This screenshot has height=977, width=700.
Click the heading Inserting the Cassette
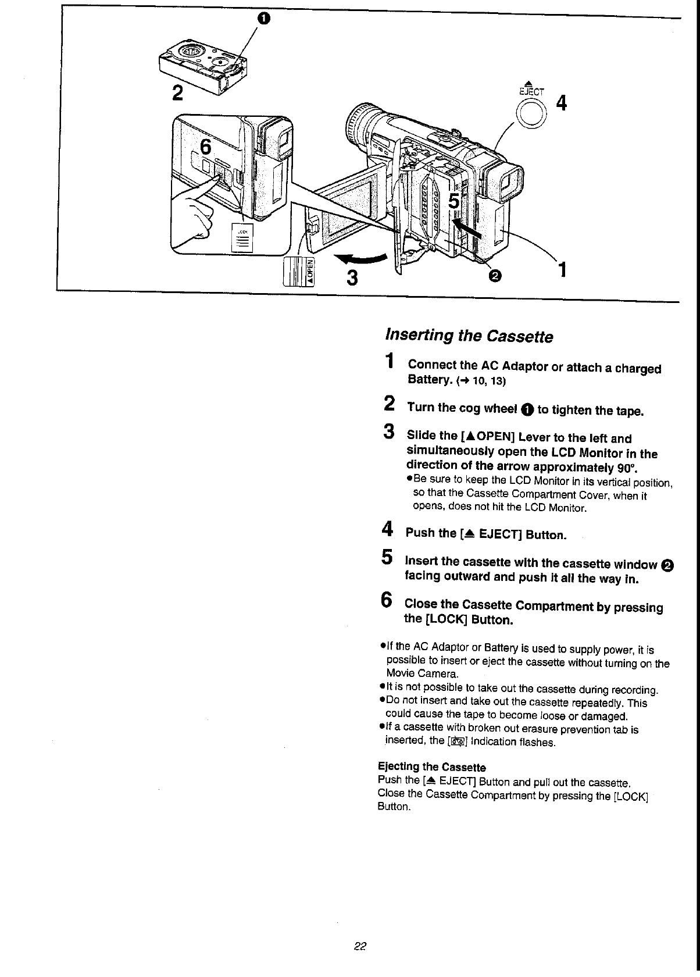tap(469, 336)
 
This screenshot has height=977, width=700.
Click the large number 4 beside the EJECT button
tap(561, 104)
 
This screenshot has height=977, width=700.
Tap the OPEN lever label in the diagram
tap(310, 271)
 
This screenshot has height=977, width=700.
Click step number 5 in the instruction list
tap(387, 557)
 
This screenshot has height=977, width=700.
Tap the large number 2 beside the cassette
tap(178, 92)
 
